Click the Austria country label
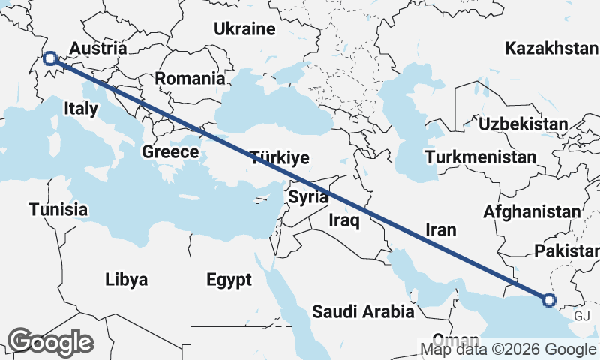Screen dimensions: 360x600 [x=98, y=49]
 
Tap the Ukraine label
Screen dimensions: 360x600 [x=244, y=29]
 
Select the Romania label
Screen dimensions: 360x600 [x=190, y=78]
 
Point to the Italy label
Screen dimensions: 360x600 [x=81, y=108]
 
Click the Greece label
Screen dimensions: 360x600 [x=170, y=152]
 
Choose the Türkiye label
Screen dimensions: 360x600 [x=280, y=157]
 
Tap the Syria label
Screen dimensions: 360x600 [x=308, y=198]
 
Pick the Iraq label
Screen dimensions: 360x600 [x=345, y=220]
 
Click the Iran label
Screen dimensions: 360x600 [x=440, y=229]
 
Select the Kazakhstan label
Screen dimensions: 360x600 [x=552, y=49]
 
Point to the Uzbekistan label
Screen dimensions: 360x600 [x=523, y=124]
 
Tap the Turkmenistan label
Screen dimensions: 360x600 [x=480, y=157]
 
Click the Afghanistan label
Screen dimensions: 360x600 [x=532, y=211]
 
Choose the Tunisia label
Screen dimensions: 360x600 [x=58, y=209]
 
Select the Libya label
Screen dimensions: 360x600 [x=126, y=280]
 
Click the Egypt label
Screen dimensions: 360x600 [x=229, y=280]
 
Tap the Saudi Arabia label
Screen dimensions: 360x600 [x=363, y=310]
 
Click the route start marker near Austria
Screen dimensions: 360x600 [x=50, y=58]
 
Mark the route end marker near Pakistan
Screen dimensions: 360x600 [x=548, y=300]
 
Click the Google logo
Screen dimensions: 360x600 [x=50, y=342]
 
